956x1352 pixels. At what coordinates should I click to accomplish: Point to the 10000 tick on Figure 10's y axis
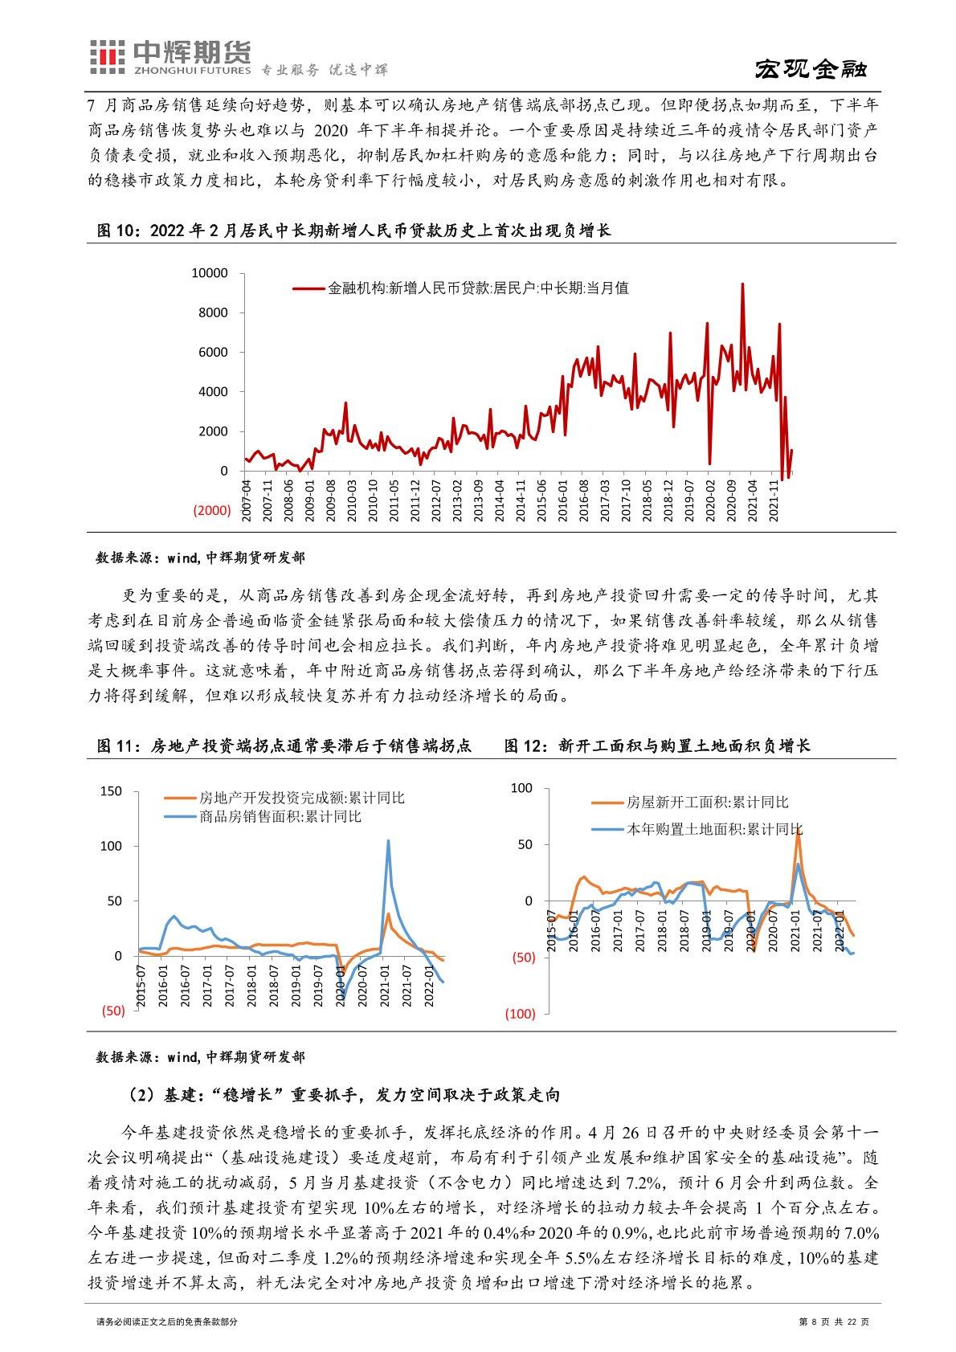[210, 273]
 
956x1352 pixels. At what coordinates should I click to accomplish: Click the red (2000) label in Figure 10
[210, 510]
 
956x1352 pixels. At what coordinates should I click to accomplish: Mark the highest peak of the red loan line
[742, 284]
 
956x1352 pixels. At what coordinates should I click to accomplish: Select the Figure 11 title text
[284, 745]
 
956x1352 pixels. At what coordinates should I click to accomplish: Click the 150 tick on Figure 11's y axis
[112, 791]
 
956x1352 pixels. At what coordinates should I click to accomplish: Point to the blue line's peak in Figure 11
[388, 841]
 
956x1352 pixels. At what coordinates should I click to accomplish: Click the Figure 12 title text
[657, 745]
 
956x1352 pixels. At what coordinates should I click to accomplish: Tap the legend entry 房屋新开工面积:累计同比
[707, 803]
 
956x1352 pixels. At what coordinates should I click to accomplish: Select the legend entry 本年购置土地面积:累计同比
[713, 829]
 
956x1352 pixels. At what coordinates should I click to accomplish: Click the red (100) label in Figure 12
[520, 1014]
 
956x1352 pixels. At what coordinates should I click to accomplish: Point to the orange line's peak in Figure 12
[798, 835]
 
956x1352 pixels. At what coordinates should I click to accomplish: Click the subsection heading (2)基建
[343, 1094]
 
